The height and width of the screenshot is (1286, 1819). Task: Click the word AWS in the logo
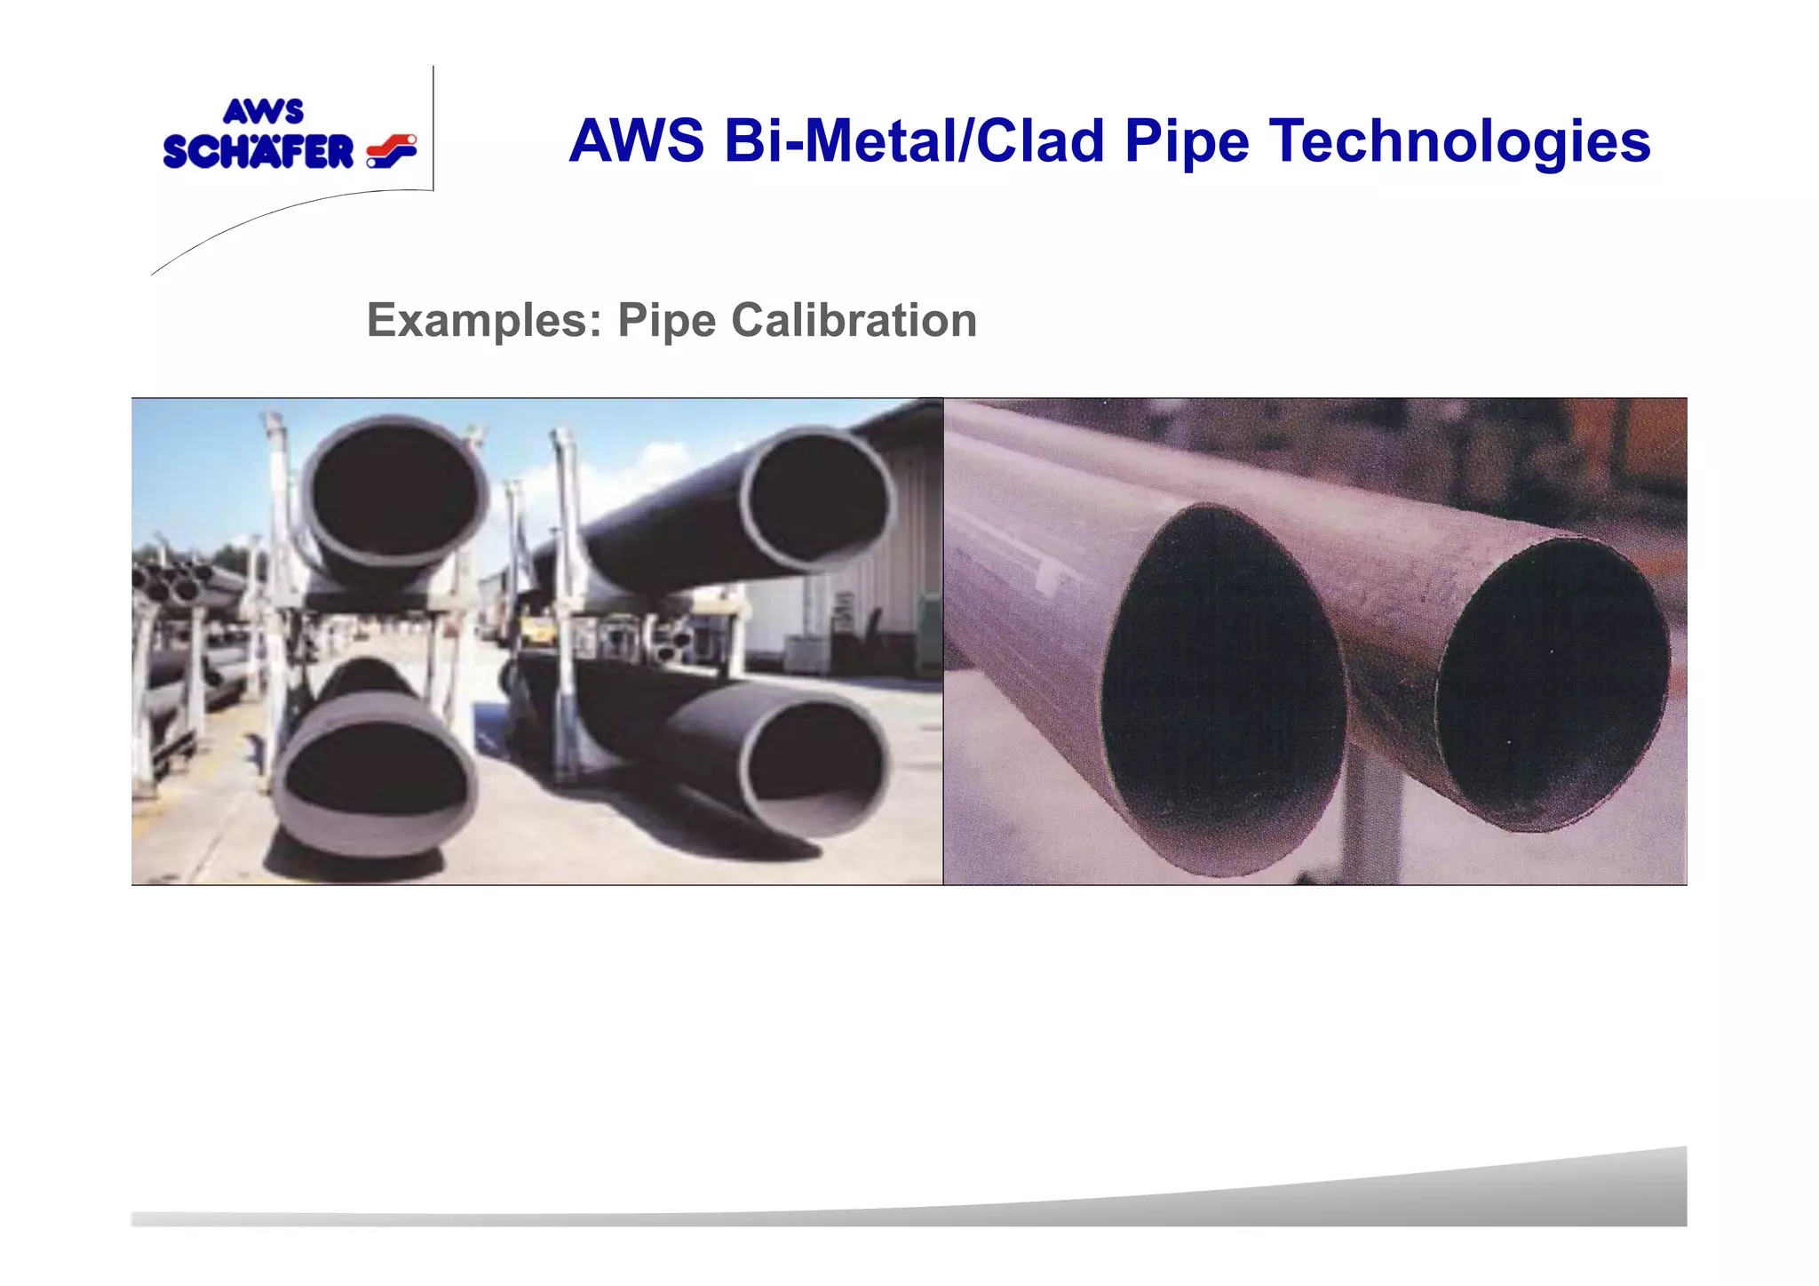[x=263, y=112]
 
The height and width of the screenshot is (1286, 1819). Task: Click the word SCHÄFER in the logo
[x=258, y=152]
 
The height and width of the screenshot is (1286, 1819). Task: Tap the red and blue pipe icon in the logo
[x=392, y=150]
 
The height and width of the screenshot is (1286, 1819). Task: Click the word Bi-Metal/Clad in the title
[x=914, y=141]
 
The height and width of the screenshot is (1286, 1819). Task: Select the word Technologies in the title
[x=1459, y=141]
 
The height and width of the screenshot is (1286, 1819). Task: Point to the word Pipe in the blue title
[x=1187, y=141]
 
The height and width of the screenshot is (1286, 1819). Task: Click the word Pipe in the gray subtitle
[x=666, y=320]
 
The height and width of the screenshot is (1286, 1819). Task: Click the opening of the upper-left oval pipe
[x=395, y=491]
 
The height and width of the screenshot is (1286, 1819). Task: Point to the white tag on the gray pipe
[x=1052, y=578]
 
